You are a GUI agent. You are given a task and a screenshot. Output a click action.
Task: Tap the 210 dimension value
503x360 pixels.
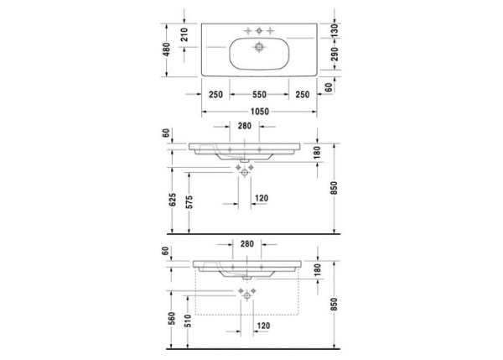pos(184,34)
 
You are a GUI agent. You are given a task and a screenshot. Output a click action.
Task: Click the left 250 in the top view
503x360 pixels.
pos(215,94)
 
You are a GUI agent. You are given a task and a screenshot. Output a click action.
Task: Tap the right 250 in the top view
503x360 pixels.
pos(302,94)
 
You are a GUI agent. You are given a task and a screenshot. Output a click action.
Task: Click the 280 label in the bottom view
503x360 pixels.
pos(246,244)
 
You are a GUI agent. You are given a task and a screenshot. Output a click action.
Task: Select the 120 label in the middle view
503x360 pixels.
pos(261,199)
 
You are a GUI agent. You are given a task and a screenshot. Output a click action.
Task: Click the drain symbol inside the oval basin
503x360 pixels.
pos(259,47)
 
